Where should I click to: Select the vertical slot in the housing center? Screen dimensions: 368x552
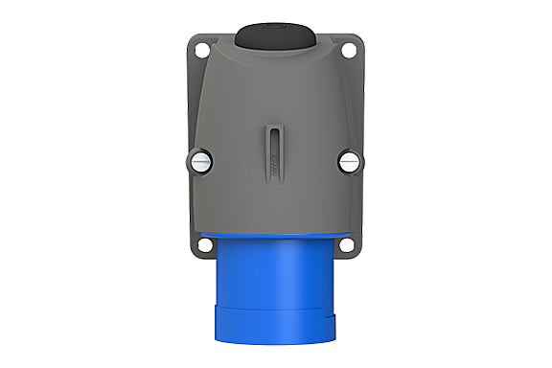(x=274, y=140)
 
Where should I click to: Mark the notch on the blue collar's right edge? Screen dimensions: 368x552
(x=333, y=320)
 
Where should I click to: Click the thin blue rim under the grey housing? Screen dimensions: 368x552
(x=275, y=236)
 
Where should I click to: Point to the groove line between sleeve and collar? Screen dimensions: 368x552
(x=275, y=309)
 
